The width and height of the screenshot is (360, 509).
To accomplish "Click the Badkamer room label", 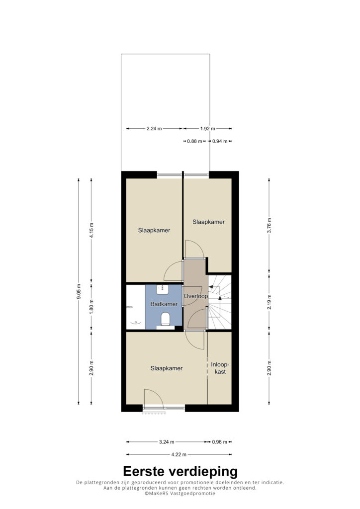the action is (x=164, y=304).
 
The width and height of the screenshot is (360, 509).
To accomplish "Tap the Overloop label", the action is (x=195, y=296).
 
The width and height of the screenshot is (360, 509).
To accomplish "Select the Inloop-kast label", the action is (x=220, y=368).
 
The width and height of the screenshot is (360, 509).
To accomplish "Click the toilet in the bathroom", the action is (x=165, y=319).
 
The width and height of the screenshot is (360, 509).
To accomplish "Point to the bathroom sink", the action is (x=162, y=289).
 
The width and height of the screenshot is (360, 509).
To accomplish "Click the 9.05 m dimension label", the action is (x=79, y=292).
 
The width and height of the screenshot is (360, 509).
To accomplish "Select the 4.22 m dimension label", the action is (x=179, y=454).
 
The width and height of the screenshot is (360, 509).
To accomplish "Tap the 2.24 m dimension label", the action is (x=154, y=129).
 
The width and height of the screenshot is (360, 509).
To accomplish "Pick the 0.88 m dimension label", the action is (x=194, y=141).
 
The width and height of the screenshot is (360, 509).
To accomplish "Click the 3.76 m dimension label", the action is (x=269, y=226).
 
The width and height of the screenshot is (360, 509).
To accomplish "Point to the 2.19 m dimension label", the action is (x=269, y=302).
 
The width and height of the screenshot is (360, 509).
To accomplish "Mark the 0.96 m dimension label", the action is (x=220, y=442).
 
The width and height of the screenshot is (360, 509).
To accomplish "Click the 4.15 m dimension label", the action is (x=91, y=230).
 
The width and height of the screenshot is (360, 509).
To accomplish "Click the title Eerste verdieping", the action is (x=180, y=471).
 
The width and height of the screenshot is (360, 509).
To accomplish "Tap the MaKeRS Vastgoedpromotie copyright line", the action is (x=180, y=494).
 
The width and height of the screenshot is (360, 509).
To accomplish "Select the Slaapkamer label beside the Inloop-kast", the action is (x=166, y=368).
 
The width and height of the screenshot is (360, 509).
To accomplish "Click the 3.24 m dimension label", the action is (x=167, y=442).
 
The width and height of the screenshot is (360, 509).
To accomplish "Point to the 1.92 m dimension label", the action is (x=207, y=129).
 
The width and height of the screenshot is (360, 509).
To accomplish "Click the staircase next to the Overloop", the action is (x=219, y=302).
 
